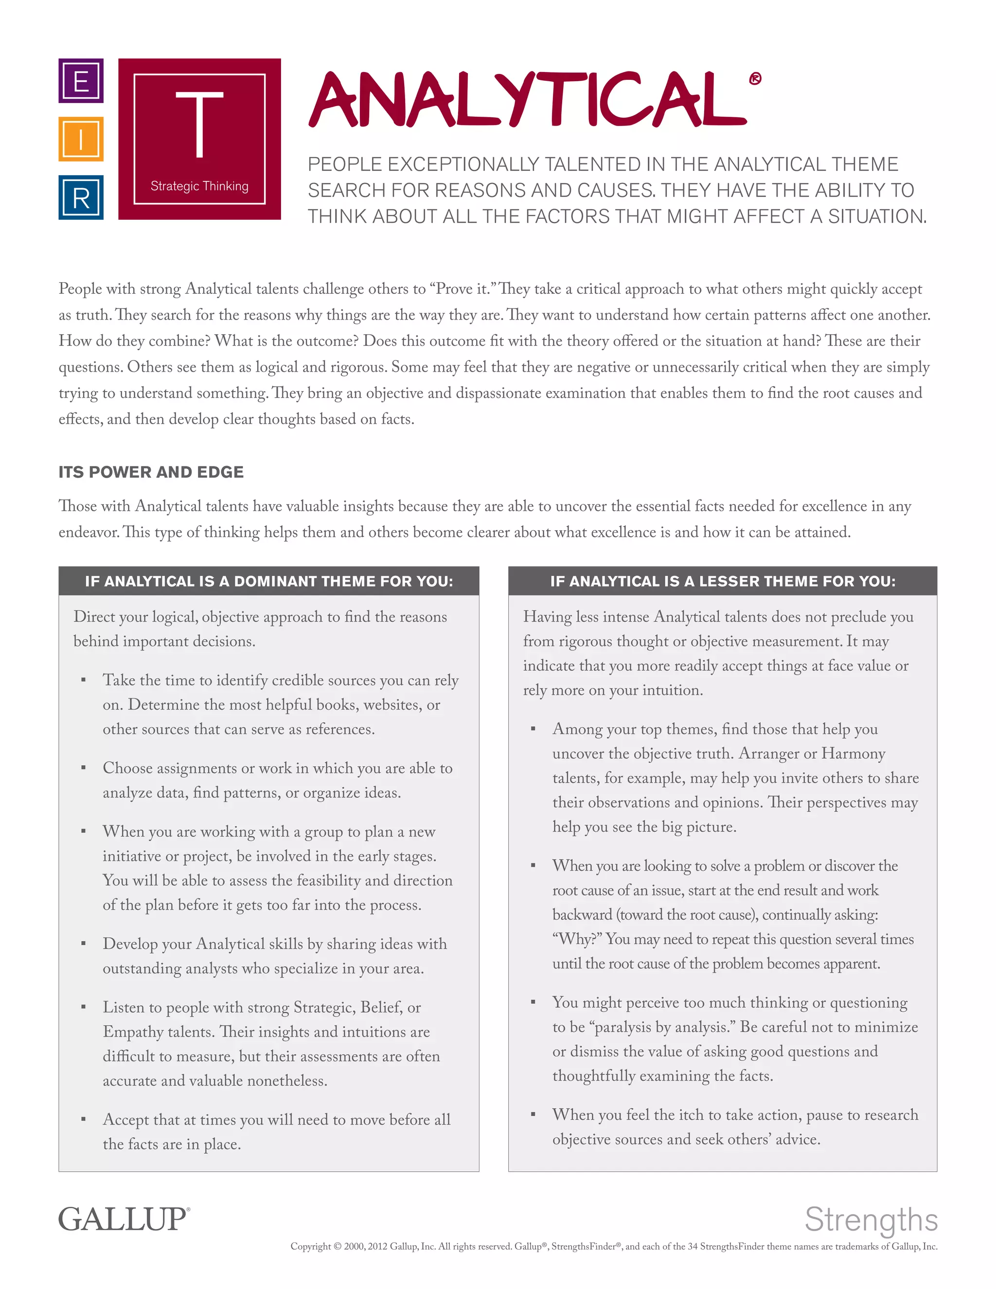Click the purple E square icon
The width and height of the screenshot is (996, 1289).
tap(81, 80)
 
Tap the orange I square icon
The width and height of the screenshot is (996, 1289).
tap(81, 139)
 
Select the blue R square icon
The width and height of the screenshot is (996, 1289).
tap(81, 197)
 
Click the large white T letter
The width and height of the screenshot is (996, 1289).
tap(199, 125)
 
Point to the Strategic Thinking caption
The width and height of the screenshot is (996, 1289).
tap(199, 186)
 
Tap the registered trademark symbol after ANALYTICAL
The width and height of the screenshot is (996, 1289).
tap(755, 78)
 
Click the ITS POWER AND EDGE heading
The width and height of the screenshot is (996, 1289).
tap(151, 472)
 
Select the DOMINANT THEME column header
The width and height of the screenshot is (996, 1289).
tap(269, 581)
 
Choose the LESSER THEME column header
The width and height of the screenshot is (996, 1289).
tap(723, 581)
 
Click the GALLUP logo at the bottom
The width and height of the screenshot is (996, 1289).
tap(124, 1219)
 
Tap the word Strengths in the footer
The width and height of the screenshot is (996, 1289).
tap(871, 1219)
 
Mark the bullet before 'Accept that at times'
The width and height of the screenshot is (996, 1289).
tap(84, 1120)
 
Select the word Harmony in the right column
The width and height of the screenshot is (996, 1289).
tap(853, 753)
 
